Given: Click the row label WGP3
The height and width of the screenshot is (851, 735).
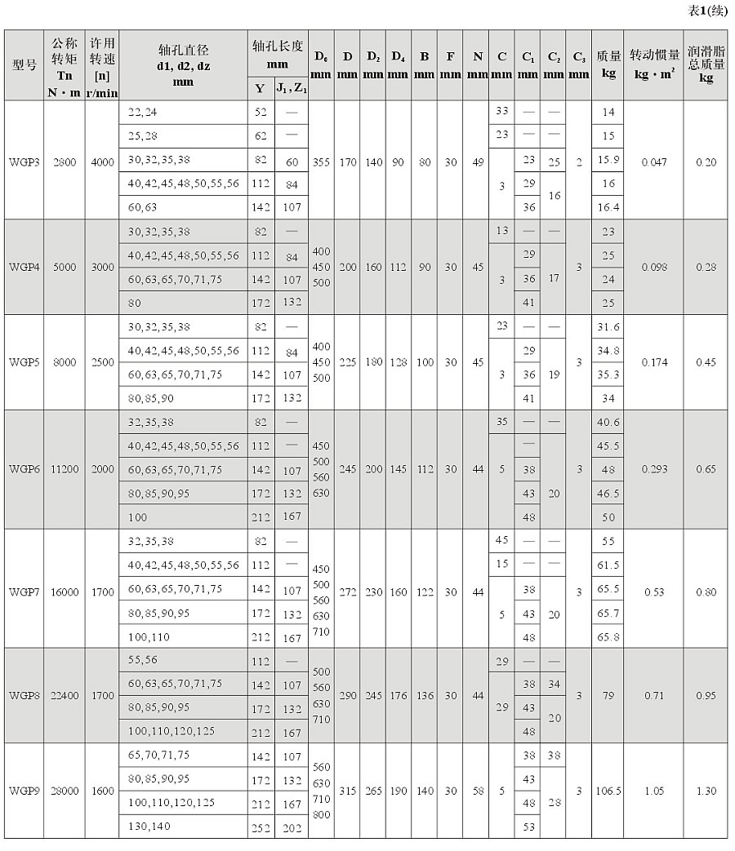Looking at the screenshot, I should (20, 162).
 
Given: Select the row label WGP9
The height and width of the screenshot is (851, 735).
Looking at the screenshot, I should (20, 791).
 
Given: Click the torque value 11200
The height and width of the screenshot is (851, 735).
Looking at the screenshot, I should (65, 469).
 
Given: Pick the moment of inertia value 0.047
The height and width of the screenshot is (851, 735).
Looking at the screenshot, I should (655, 162).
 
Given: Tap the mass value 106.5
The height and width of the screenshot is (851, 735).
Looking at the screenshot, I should (608, 791).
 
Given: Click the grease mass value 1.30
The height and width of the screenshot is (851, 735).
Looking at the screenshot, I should (706, 791).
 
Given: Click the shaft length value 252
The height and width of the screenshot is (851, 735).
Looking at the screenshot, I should (261, 827).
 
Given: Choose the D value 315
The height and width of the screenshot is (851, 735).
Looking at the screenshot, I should (347, 791).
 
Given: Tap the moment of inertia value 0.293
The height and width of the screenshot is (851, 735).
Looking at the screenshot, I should (655, 469).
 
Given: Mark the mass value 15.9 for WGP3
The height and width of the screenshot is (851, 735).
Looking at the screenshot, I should (608, 162).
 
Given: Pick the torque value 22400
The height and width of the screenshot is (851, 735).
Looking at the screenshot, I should (65, 695).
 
